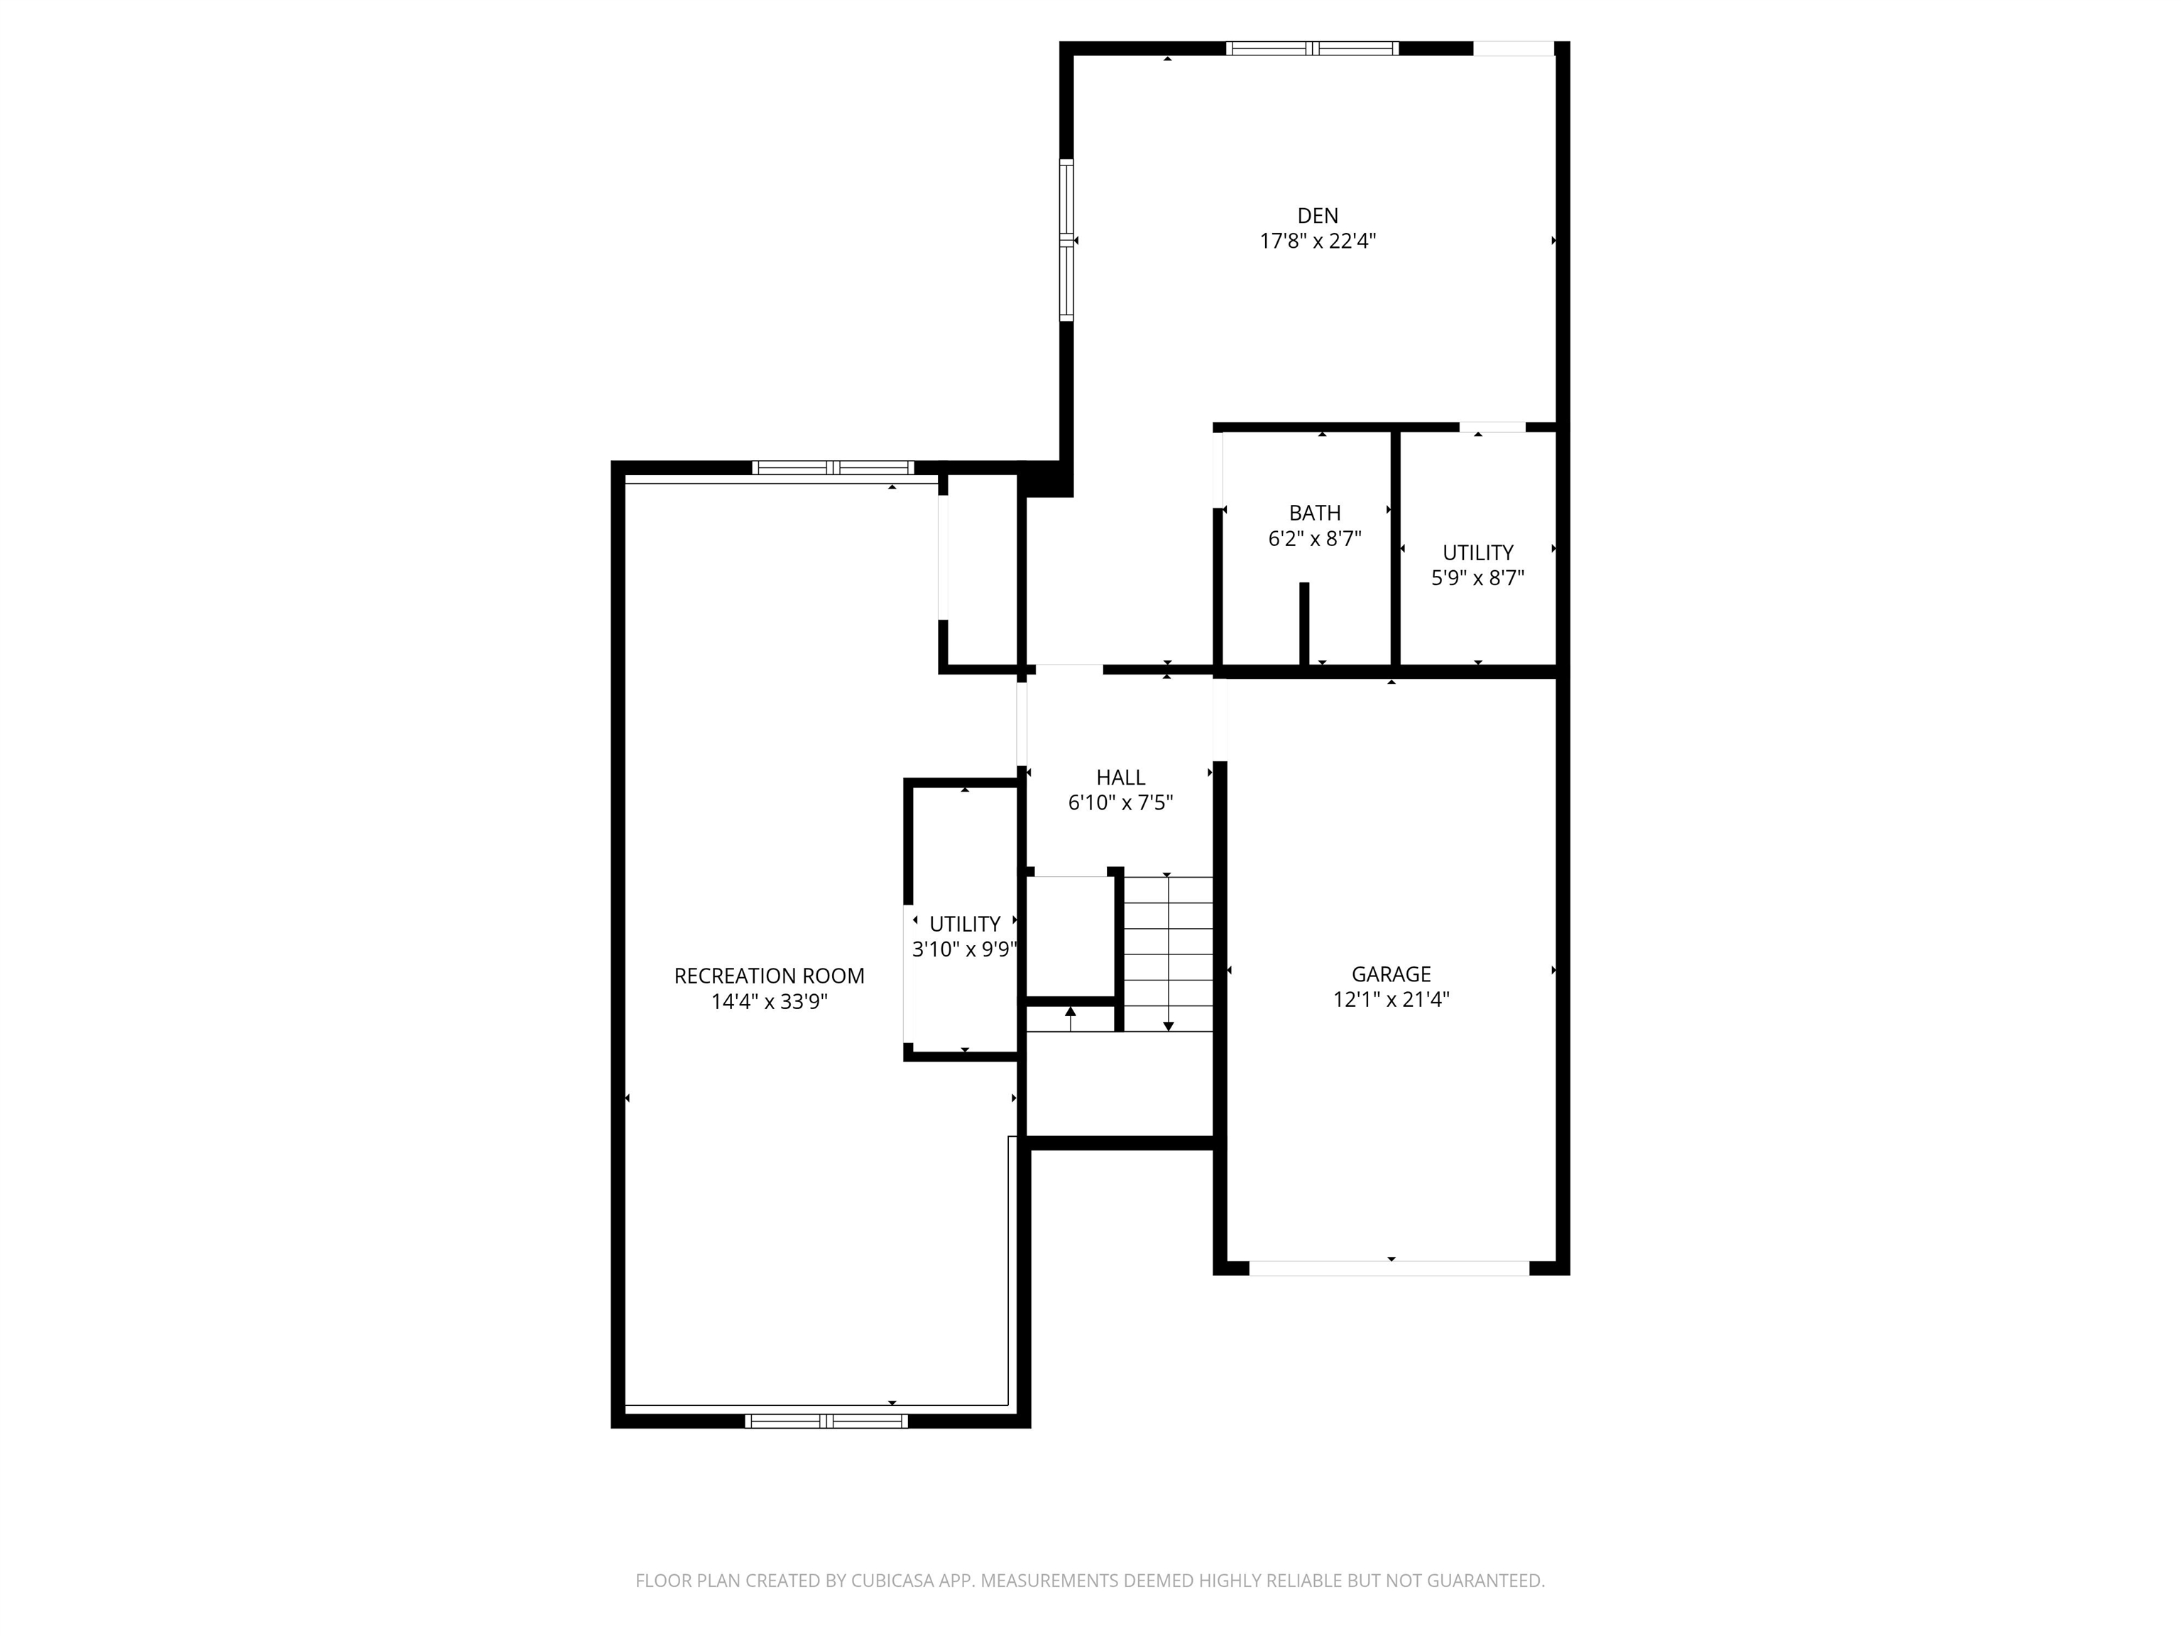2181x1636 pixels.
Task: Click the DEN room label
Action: [x=1317, y=215]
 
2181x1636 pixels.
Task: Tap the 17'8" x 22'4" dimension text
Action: [x=1317, y=241]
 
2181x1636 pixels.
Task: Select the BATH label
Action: [x=1314, y=513]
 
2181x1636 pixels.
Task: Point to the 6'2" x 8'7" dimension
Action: [x=1314, y=538]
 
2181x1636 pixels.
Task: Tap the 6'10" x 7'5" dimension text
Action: [x=1120, y=802]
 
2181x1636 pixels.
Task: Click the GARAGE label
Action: [x=1392, y=974]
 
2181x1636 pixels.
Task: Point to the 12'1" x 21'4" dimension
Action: [x=1392, y=1000]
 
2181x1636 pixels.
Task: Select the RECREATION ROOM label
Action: [x=769, y=976]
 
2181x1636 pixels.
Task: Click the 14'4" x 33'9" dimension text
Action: [x=769, y=1002]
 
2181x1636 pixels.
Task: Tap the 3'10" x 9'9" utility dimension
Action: [x=964, y=949]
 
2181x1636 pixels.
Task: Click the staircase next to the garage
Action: [x=1169, y=954]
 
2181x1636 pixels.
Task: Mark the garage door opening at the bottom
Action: [x=1389, y=1268]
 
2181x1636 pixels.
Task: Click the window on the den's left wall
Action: [x=1067, y=239]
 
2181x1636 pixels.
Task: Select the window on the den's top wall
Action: [x=1312, y=48]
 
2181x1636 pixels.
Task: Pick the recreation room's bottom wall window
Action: [x=826, y=1421]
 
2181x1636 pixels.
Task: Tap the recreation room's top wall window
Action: [x=833, y=467]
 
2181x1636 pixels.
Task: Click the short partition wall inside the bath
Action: [x=1304, y=624]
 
